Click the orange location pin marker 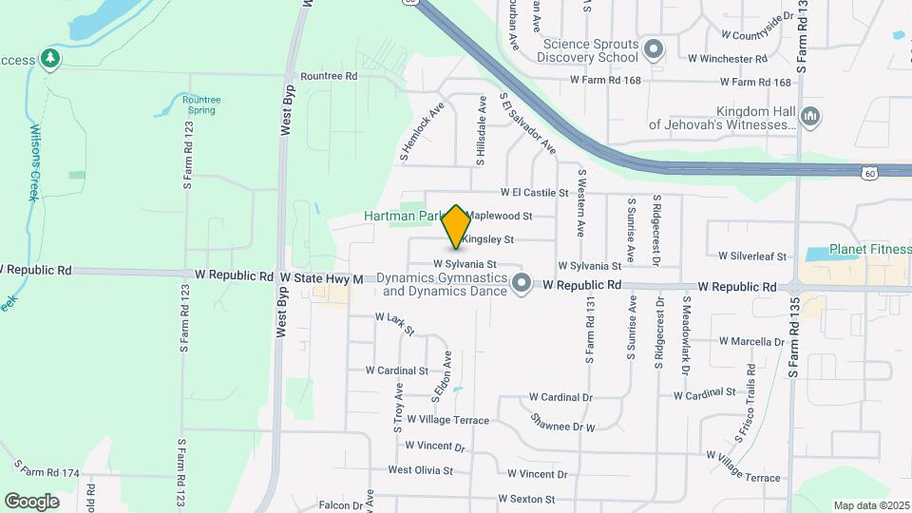pyautogui.click(x=456, y=227)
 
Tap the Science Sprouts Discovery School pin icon pyautogui.click(x=653, y=48)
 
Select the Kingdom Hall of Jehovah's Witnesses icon pyautogui.click(x=810, y=117)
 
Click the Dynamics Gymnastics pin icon pyautogui.click(x=521, y=284)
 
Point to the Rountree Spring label pyautogui.click(x=200, y=104)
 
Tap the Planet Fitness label pyautogui.click(x=869, y=250)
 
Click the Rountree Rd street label pyautogui.click(x=328, y=76)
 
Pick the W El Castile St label pyautogui.click(x=535, y=192)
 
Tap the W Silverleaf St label pyautogui.click(x=752, y=256)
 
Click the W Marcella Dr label pyautogui.click(x=751, y=341)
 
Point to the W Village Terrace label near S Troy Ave pyautogui.click(x=447, y=420)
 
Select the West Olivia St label pyautogui.click(x=420, y=470)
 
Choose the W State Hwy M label pyautogui.click(x=321, y=278)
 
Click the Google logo pyautogui.click(x=31, y=501)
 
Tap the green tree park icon pyautogui.click(x=50, y=60)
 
